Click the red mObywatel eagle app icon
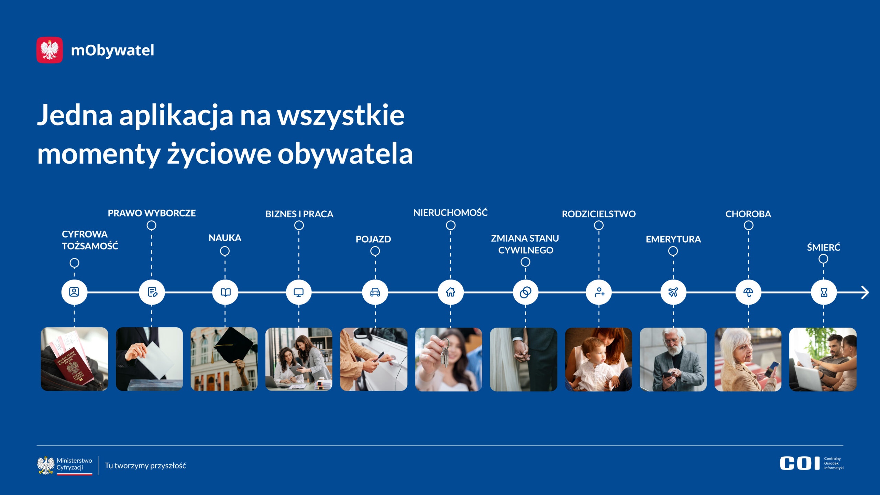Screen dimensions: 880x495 point(49,50)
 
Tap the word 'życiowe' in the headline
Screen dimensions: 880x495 point(219,154)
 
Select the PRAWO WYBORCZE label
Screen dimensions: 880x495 point(152,213)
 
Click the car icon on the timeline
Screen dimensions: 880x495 point(375,293)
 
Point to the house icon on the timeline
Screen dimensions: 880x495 point(450,292)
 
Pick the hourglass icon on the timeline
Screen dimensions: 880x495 point(824,293)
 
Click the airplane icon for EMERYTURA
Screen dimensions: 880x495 point(673,292)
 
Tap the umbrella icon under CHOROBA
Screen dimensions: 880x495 point(748,293)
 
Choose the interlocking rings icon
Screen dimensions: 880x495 point(525,293)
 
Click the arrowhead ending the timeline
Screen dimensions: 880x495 point(865,293)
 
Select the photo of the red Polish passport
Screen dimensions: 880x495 point(74,359)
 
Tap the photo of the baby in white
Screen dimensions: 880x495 point(598,359)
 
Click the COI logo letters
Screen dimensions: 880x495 point(800,463)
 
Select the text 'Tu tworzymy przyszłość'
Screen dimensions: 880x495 point(145,466)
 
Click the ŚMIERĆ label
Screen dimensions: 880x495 point(824,247)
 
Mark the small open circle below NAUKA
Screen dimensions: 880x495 point(225,251)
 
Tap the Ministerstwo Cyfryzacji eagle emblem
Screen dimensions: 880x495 point(46,465)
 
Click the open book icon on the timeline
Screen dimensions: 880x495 point(225,293)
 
